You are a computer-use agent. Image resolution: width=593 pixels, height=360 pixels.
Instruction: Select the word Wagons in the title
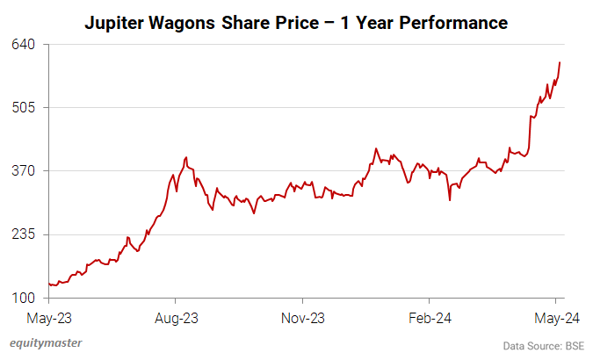[x=183, y=23]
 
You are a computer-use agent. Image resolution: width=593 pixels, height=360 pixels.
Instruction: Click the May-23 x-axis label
[x=49, y=316]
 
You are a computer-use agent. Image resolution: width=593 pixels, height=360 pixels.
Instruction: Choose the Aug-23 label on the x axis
[x=177, y=316]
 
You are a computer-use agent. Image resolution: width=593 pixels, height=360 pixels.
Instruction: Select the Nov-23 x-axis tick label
[x=304, y=316]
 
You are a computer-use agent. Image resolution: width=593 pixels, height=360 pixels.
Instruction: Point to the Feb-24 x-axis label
[x=430, y=316]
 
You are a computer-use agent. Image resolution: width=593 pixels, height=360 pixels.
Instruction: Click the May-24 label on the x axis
[x=555, y=316]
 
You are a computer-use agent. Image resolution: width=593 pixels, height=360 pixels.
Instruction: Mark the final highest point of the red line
[x=560, y=62]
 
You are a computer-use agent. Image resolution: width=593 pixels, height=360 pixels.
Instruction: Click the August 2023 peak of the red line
[x=185, y=158]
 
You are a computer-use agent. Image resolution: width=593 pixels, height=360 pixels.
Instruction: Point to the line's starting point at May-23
[x=49, y=284]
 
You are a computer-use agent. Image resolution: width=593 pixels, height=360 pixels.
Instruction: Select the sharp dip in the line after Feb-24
[x=450, y=200]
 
